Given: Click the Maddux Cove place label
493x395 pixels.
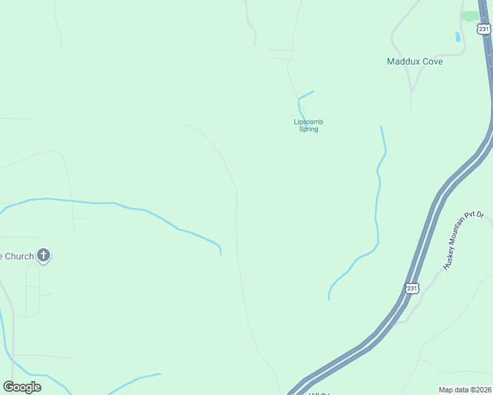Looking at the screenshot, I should pos(415,61).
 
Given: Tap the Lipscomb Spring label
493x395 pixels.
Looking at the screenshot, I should pos(308,125).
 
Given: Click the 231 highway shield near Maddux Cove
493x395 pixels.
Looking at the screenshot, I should pos(484,29).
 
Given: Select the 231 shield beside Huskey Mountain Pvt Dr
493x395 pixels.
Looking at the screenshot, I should pos(412,288).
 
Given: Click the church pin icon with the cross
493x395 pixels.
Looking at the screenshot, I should pos(43,255).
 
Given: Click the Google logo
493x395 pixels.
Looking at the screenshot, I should pos(22,386).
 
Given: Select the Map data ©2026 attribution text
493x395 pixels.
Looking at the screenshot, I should pos(465,390).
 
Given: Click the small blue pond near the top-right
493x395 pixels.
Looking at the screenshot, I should pos(458,37).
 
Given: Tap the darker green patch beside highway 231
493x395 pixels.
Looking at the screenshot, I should pos(470,16).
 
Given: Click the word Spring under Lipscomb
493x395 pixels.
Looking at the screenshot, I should pos(308,129).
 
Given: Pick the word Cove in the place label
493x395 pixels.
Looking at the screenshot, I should pos(432,61).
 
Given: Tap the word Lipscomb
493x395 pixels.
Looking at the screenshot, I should pos(308,122).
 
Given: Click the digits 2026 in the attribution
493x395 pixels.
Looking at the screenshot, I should pos(484,390).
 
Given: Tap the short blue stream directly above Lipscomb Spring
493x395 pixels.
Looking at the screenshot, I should pos(305,96).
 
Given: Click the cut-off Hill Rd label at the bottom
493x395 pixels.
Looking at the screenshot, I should pos(319,394).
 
